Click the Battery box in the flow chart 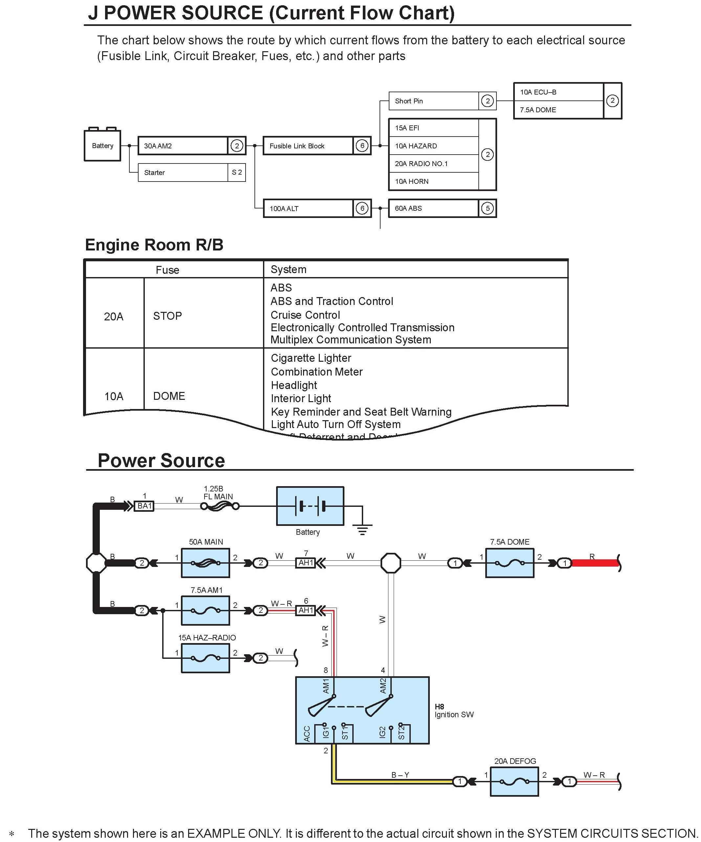pyautogui.click(x=102, y=145)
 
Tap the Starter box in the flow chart pyautogui.click(x=183, y=172)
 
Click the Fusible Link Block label pyautogui.click(x=297, y=146)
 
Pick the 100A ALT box pyautogui.click(x=308, y=208)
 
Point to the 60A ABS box pyautogui.click(x=433, y=208)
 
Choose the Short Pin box pyautogui.click(x=433, y=101)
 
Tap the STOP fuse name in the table pyautogui.click(x=167, y=316)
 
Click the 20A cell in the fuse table pyautogui.click(x=114, y=316)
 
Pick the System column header pyautogui.click(x=288, y=270)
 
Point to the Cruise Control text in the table pyautogui.click(x=305, y=315)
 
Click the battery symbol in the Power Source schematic pyautogui.click(x=310, y=506)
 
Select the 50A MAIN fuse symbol pyautogui.click(x=205, y=563)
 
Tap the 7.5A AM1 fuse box pyautogui.click(x=205, y=611)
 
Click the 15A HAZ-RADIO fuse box pyautogui.click(x=205, y=658)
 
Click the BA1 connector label pyautogui.click(x=144, y=506)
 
